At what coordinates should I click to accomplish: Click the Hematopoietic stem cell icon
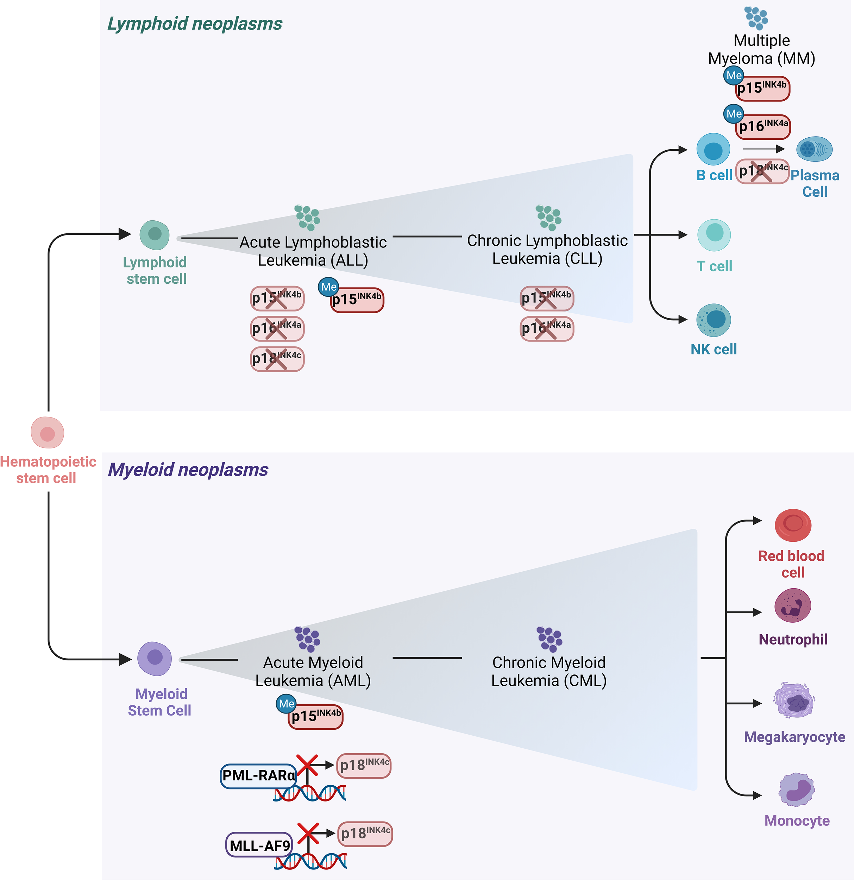[47, 432]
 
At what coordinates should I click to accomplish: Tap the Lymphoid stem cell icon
[155, 235]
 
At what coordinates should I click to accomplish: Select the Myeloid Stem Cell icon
[155, 658]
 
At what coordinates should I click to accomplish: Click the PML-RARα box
[258, 775]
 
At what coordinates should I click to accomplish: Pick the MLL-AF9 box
[259, 845]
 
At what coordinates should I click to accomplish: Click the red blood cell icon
[793, 525]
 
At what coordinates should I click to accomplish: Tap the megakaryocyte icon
[794, 700]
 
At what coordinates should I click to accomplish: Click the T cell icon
[714, 235]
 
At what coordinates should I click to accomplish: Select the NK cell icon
[713, 320]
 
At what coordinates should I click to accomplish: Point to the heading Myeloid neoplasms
[188, 470]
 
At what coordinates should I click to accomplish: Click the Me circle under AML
[286, 704]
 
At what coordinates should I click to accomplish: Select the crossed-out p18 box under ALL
[277, 359]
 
